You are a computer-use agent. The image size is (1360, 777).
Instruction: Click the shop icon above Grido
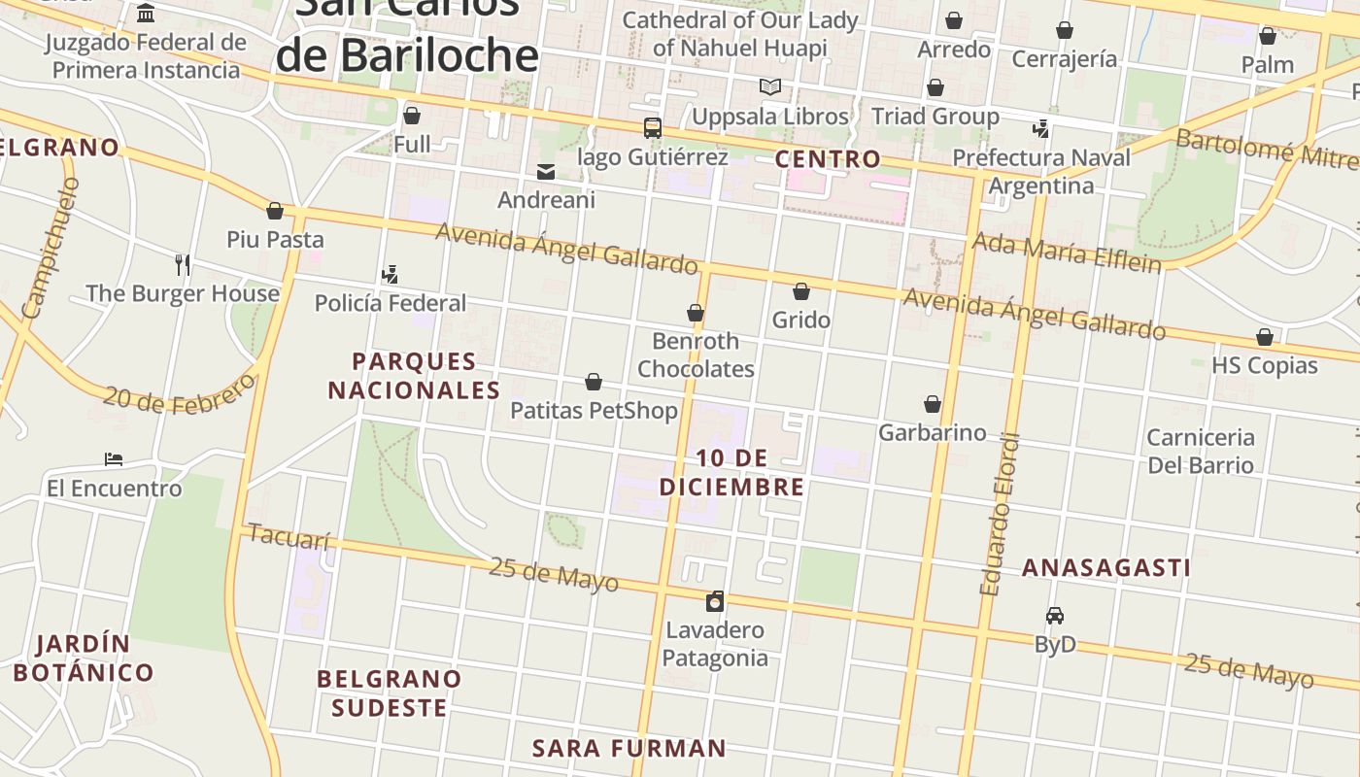coord(801,291)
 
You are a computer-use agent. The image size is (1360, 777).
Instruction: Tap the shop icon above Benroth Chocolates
coord(696,313)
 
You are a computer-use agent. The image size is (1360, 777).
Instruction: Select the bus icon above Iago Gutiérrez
coord(653,128)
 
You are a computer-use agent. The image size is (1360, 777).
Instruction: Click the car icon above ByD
coord(1055,615)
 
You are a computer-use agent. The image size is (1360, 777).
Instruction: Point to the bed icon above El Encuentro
coord(114,458)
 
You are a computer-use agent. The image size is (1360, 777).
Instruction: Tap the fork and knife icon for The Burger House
coord(183,264)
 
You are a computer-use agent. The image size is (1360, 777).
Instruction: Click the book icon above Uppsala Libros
coord(770,87)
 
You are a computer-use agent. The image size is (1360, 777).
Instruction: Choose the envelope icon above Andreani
coord(546,172)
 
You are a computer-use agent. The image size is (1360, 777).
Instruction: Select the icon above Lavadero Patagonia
coord(715,601)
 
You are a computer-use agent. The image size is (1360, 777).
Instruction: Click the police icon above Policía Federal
coord(391,275)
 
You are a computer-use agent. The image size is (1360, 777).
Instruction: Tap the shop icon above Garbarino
coord(933,404)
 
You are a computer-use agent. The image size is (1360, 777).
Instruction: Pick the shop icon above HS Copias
coord(1265,337)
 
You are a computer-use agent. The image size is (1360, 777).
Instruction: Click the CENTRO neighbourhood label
coord(828,158)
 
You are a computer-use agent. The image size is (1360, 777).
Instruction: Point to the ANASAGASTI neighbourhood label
coord(1105,567)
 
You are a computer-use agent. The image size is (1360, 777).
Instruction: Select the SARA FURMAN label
coord(629,748)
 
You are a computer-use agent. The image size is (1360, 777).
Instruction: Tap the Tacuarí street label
coord(289,536)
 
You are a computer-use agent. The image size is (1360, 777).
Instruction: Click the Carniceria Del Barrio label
coord(1201,451)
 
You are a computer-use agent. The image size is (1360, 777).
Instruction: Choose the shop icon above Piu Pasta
coord(275,211)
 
